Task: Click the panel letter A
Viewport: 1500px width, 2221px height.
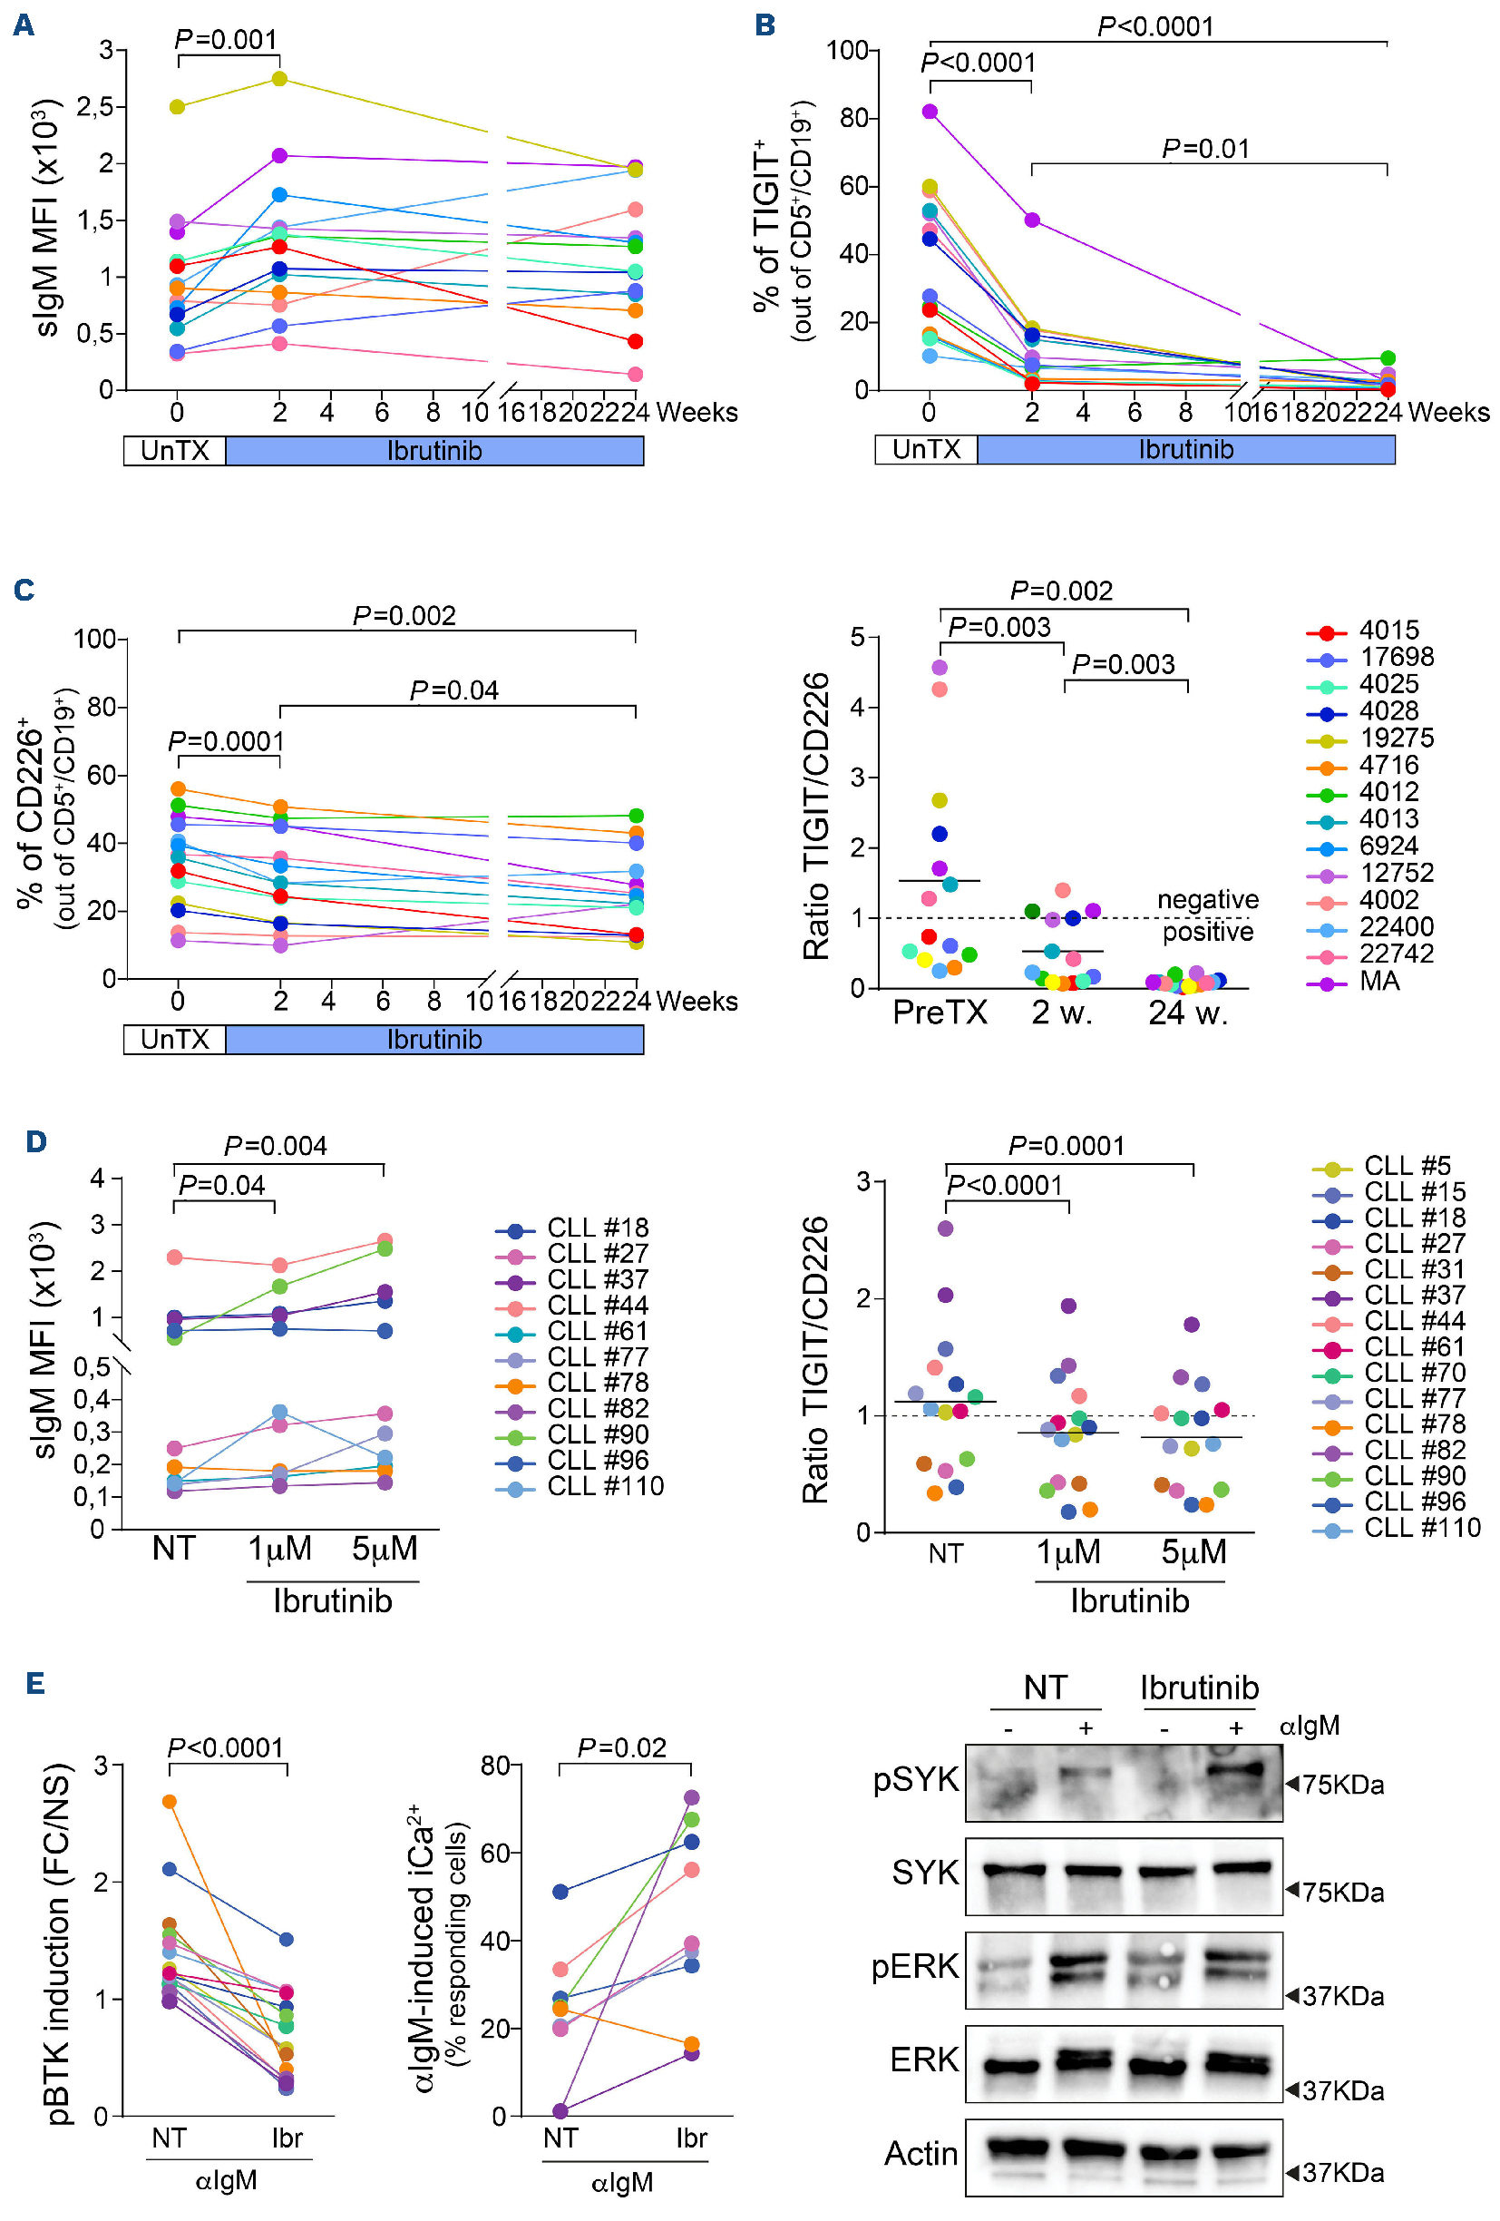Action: point(24,24)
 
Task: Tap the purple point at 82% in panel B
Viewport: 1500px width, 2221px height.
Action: point(930,112)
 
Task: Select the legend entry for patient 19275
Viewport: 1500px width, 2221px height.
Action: point(1395,738)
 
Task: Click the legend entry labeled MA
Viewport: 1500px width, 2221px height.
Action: point(1378,981)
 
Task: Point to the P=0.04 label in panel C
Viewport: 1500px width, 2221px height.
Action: point(453,690)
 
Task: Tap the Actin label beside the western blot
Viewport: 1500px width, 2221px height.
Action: point(921,2153)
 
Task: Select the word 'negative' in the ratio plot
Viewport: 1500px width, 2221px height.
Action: point(1207,899)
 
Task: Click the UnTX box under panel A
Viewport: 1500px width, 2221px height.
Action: point(175,450)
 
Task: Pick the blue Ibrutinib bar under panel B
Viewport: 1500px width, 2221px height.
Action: point(1185,449)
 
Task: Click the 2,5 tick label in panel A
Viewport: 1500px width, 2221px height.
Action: point(94,106)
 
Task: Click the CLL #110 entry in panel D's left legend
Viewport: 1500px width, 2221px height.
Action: point(605,1486)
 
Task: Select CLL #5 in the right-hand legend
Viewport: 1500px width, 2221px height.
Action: point(1407,1166)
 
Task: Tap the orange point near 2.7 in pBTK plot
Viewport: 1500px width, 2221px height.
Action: point(169,1802)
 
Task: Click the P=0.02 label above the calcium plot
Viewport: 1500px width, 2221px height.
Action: point(622,1748)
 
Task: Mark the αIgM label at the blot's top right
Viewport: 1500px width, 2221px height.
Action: point(1309,1725)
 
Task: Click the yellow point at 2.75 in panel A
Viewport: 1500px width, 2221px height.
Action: point(280,78)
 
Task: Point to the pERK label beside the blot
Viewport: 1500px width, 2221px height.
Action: point(915,1966)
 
